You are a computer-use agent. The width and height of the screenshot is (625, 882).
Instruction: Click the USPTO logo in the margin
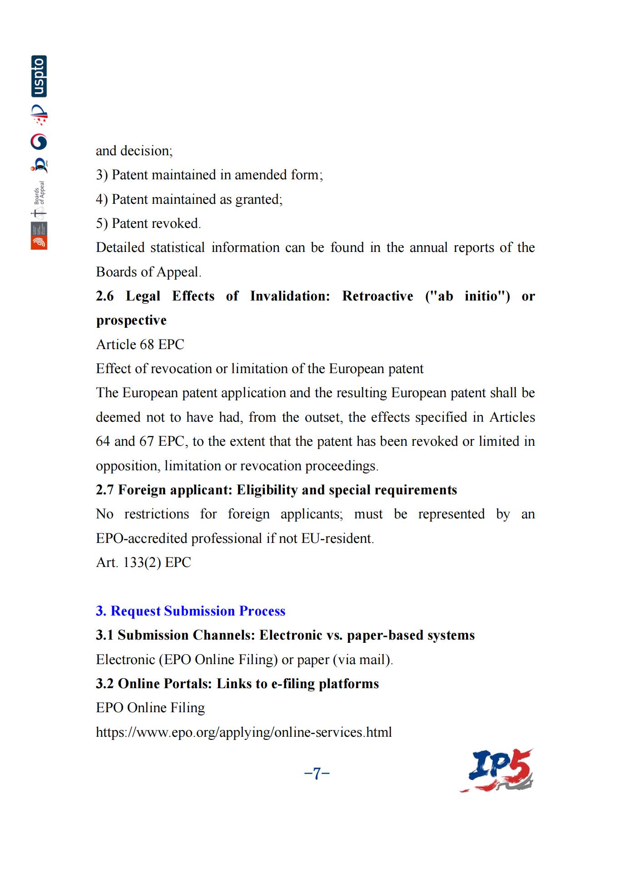39,76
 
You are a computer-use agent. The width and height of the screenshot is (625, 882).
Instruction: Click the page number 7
317,773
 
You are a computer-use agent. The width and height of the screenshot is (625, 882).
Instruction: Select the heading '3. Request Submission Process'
190,611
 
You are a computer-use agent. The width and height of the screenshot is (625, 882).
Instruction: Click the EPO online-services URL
243,732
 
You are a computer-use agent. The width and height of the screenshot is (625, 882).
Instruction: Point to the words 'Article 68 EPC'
140,345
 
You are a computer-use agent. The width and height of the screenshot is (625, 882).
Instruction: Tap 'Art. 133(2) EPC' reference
143,562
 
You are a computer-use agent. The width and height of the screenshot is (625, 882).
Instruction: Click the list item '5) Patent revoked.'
148,223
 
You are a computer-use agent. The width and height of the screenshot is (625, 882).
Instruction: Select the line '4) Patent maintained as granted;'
189,199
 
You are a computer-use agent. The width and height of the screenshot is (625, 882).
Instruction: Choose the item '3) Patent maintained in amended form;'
209,175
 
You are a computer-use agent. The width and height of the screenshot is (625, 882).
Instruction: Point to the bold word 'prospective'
131,320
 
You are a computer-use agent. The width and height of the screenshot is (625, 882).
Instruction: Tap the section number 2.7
104,490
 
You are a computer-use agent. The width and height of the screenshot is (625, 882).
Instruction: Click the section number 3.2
104,684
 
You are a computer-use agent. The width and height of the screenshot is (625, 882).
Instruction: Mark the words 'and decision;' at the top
134,151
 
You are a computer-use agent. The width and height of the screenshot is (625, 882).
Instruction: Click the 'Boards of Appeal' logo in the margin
40,200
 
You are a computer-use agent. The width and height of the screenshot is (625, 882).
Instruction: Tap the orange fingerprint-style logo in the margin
39,242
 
